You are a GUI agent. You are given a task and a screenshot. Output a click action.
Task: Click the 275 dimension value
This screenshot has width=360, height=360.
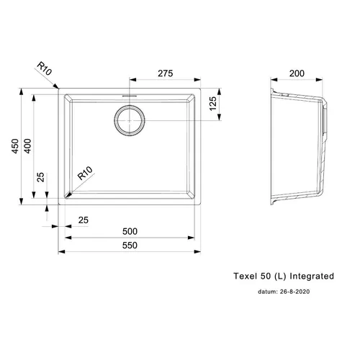pos(166,73)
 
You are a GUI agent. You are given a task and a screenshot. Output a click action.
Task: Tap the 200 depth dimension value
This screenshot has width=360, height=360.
pos(297,73)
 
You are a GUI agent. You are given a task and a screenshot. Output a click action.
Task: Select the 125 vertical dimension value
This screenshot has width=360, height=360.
pos(213,104)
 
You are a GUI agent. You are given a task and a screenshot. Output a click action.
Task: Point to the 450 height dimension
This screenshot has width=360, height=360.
pos(15,146)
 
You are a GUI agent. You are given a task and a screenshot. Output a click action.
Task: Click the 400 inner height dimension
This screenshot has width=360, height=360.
pos(28,146)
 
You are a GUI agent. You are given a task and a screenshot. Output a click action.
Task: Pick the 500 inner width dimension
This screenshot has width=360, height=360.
pos(130,231)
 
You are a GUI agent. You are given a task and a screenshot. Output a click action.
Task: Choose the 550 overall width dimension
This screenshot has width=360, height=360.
pos(130,246)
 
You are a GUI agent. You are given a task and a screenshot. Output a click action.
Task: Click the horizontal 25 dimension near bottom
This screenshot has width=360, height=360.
pos(84,220)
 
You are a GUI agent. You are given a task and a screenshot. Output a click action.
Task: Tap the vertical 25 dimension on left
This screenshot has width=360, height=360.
pos(41,177)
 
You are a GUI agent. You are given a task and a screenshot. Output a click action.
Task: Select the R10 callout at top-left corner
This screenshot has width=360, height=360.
pos(45,68)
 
